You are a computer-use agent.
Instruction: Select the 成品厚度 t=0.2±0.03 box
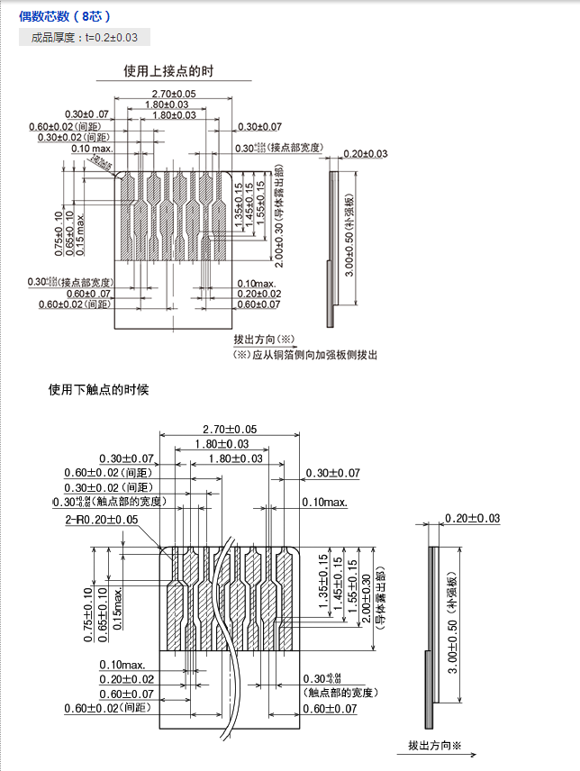click(x=84, y=37)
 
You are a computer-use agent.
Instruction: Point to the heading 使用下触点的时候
click(x=98, y=390)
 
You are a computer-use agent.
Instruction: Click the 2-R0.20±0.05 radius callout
click(x=101, y=520)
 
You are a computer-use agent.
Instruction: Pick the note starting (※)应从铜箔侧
click(x=305, y=354)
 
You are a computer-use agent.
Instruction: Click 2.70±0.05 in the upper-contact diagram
click(x=174, y=94)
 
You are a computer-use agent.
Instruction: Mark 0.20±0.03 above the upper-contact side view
click(x=365, y=154)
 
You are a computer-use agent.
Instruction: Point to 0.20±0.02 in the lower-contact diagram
click(x=127, y=679)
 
